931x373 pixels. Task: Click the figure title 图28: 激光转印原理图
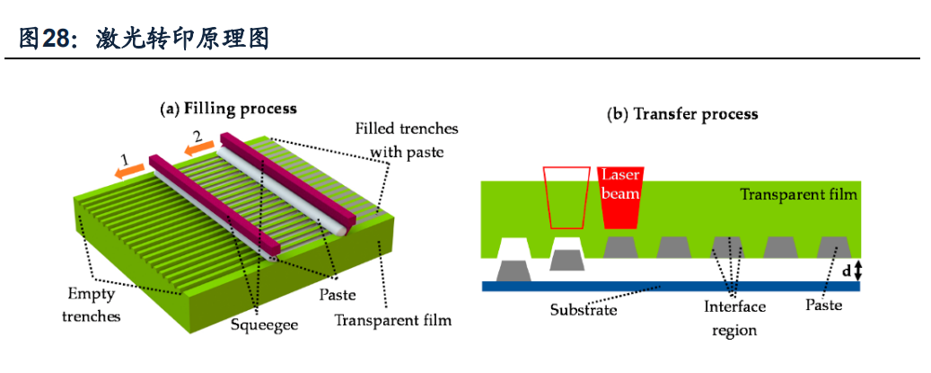[144, 39]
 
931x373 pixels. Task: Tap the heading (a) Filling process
[228, 110]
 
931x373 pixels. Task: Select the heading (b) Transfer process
[682, 114]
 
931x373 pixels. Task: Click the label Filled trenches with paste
[407, 140]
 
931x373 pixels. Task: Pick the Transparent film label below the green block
[392, 319]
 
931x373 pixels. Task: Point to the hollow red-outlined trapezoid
[565, 198]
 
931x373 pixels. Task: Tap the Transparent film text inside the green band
[798, 194]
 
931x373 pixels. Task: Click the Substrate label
[584, 310]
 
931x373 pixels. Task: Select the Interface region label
[734, 318]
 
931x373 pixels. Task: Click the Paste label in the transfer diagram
[823, 306]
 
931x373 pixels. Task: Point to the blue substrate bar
[670, 286]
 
